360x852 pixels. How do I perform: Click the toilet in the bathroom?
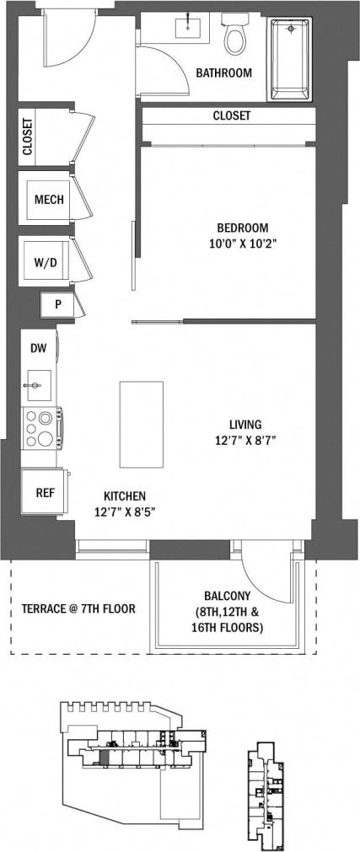pyautogui.click(x=234, y=35)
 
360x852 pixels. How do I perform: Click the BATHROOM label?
pyautogui.click(x=223, y=73)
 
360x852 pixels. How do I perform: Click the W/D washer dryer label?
pyautogui.click(x=46, y=262)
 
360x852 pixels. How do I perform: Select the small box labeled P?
pyautogui.click(x=58, y=304)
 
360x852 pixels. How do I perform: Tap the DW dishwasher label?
pyautogui.click(x=38, y=347)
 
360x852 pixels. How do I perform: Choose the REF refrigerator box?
pyautogui.click(x=45, y=492)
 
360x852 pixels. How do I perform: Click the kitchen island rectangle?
pyautogui.click(x=141, y=424)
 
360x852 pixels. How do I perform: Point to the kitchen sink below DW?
pyautogui.click(x=37, y=385)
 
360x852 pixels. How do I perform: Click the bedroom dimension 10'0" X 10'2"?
pyautogui.click(x=242, y=243)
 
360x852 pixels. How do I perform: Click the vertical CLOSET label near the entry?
pyautogui.click(x=28, y=137)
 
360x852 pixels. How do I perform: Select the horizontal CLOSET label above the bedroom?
pyautogui.click(x=231, y=115)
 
